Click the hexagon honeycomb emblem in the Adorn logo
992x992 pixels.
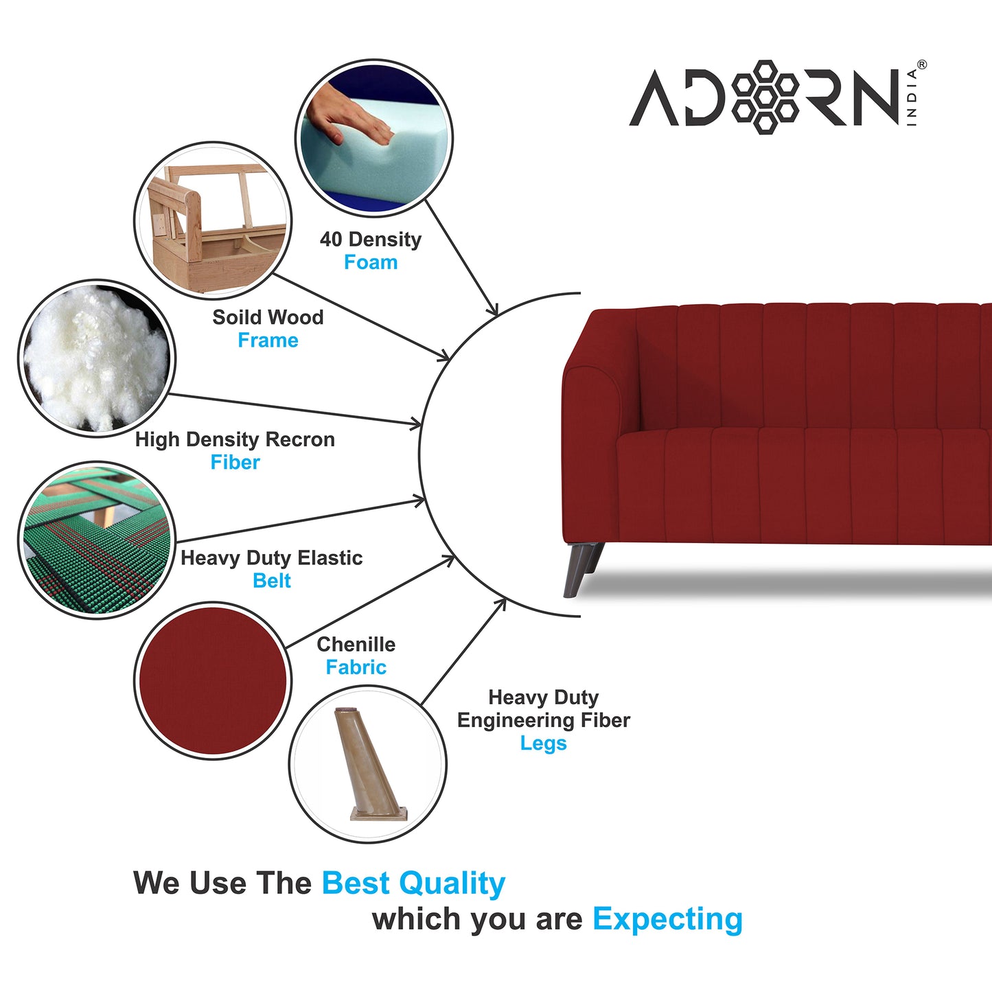pyautogui.click(x=765, y=97)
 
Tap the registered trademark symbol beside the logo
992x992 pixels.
pyautogui.click(x=921, y=65)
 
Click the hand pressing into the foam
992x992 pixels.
pyautogui.click(x=349, y=117)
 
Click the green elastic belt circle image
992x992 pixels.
pyautogui.click(x=96, y=540)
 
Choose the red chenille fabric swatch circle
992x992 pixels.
pyautogui.click(x=213, y=680)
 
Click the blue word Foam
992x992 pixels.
pyautogui.click(x=371, y=262)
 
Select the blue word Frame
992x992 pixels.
pyautogui.click(x=268, y=341)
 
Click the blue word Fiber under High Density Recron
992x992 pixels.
pyautogui.click(x=235, y=463)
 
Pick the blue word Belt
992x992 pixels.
pyautogui.click(x=272, y=581)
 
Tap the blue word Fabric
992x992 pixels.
pyautogui.click(x=356, y=667)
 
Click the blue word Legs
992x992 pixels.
pyautogui.click(x=543, y=743)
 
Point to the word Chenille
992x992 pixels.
pyautogui.click(x=356, y=645)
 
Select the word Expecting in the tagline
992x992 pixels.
pyautogui.click(x=667, y=919)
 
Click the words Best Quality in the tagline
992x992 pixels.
pyautogui.click(x=413, y=884)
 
